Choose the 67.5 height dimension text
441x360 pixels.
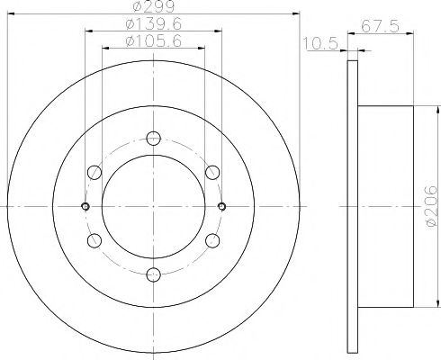click(x=388, y=27)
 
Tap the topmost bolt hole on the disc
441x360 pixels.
click(x=153, y=139)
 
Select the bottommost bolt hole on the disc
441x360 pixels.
click(x=153, y=274)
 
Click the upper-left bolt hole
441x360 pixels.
click(x=94, y=173)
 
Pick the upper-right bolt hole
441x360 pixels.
click(x=211, y=173)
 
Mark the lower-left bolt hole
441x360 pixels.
click(x=94, y=240)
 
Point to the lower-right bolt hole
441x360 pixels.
click(x=211, y=240)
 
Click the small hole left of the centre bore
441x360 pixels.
click(x=85, y=206)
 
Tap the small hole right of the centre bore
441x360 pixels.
click(x=221, y=206)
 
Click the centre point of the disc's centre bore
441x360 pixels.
click(x=153, y=206)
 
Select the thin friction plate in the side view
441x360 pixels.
click(x=352, y=206)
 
